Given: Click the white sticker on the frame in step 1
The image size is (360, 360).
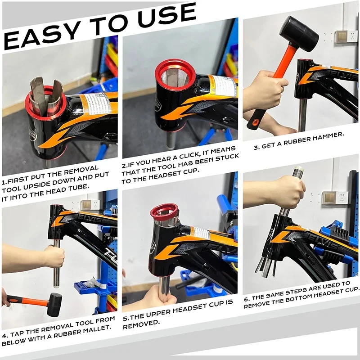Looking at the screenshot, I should pyautogui.click(x=95, y=104).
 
